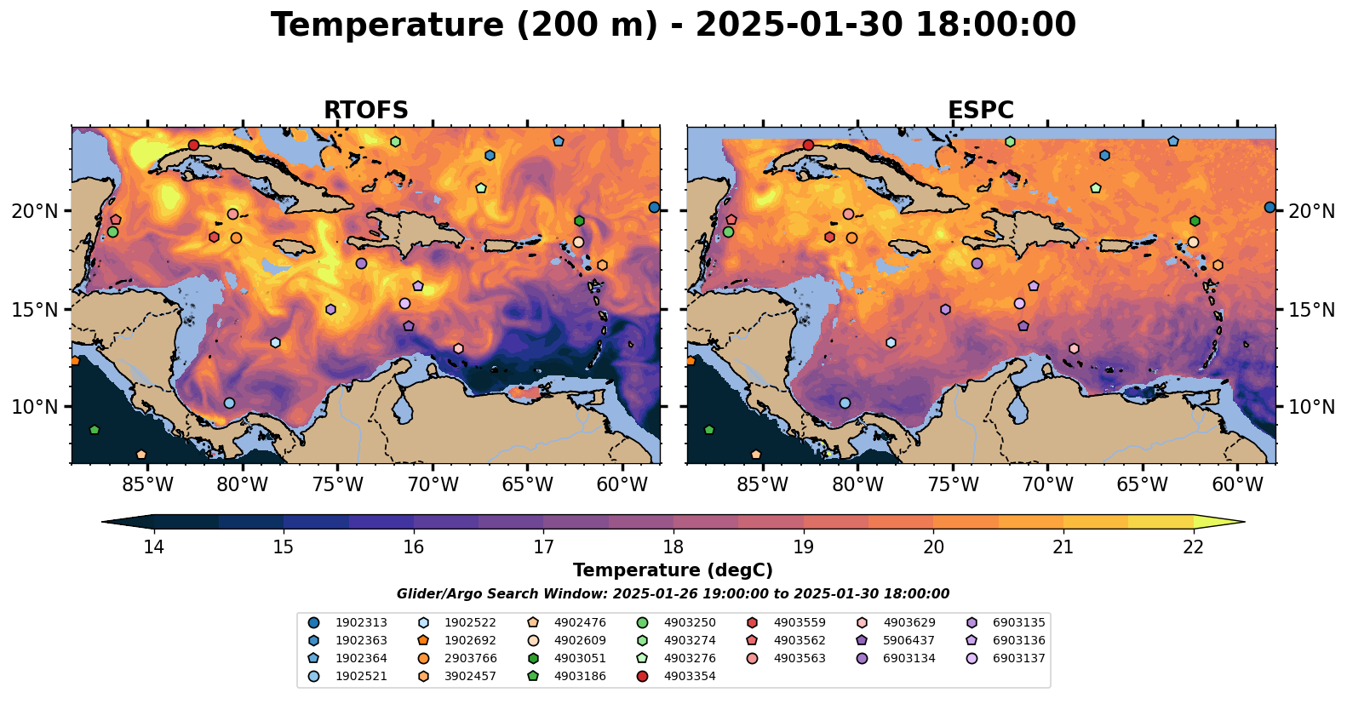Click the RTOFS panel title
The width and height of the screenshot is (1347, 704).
click(x=365, y=111)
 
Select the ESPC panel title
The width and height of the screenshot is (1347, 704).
click(x=980, y=111)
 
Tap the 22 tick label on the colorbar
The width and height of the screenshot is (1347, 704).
click(x=1193, y=547)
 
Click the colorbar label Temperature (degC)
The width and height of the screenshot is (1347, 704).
click(x=673, y=570)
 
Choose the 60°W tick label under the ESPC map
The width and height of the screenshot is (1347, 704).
click(x=1237, y=485)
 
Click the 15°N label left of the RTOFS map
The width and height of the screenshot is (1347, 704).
click(x=35, y=309)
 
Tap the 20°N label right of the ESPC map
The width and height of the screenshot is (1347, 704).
click(x=1311, y=210)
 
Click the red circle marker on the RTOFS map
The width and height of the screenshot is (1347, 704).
click(x=193, y=145)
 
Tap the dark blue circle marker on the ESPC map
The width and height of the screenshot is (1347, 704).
click(x=1270, y=207)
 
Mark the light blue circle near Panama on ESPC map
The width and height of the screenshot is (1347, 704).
click(x=845, y=403)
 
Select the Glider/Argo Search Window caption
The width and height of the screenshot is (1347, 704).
click(x=673, y=594)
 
